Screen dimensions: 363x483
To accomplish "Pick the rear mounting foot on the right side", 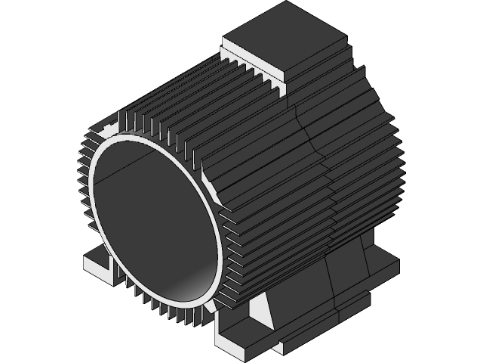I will [381, 268].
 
